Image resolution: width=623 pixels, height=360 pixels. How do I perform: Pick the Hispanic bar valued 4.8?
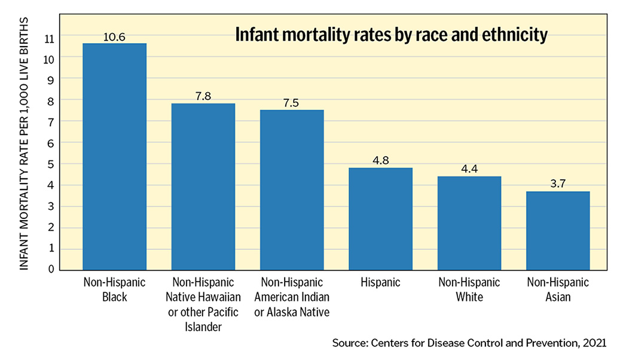point(380,219)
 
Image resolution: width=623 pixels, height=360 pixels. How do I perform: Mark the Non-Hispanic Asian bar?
point(558,230)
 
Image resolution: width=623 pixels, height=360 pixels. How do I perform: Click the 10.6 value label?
point(114,37)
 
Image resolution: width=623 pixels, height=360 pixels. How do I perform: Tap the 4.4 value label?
point(469,170)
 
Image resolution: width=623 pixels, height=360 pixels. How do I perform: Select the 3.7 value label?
point(558,185)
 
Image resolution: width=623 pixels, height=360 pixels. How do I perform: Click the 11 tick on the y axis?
point(48,38)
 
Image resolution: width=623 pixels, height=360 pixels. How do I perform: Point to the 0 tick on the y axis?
point(51,270)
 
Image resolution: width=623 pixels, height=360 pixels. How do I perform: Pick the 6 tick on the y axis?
point(51,144)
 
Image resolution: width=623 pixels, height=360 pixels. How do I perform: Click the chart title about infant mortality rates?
point(391,35)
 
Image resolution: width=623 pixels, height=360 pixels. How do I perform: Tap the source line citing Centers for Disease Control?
point(469,343)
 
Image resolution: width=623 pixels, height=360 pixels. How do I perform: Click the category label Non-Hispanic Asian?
point(558,289)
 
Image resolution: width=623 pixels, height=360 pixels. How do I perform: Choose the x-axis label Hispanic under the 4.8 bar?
point(380,282)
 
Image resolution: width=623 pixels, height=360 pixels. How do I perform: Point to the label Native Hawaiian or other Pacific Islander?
point(203,304)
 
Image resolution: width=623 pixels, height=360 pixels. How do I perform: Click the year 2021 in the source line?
point(594,343)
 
